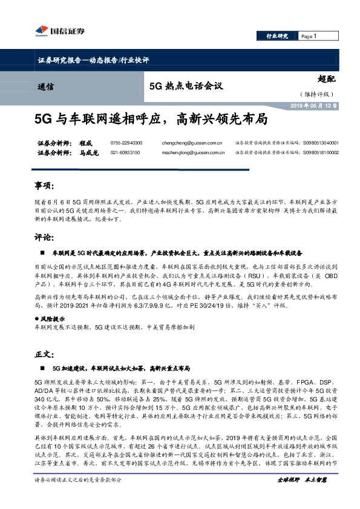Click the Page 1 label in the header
[309, 36]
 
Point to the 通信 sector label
[45, 86]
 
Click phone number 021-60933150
[125, 153]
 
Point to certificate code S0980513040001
[320, 143]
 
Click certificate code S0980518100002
[320, 153]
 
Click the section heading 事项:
[45, 184]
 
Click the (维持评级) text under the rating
[316, 94]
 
